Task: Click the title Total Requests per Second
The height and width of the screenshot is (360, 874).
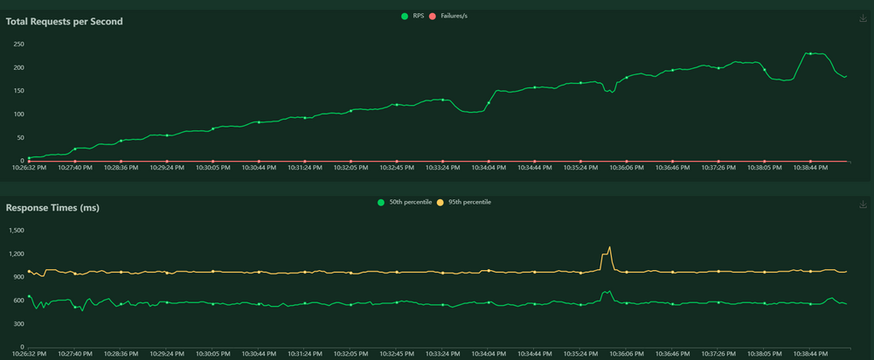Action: pos(64,22)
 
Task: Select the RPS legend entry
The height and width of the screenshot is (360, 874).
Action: pos(413,16)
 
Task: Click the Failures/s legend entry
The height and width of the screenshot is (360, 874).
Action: pos(448,16)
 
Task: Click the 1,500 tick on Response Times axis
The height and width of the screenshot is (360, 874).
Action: pos(17,230)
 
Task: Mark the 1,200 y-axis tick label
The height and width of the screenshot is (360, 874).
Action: pos(17,253)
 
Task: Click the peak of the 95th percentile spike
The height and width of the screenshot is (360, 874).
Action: pos(610,247)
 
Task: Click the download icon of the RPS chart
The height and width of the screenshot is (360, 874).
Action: pos(864,18)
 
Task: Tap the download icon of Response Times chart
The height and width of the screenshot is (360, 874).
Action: pos(864,204)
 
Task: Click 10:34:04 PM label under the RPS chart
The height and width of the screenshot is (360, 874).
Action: pos(489,167)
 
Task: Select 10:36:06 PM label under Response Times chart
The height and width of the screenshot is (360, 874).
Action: pos(627,353)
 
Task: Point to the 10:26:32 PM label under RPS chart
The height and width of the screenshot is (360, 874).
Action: pos(29,167)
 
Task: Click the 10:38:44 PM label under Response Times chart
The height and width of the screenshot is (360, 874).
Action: pos(810,353)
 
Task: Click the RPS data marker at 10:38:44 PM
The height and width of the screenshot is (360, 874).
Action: pos(810,53)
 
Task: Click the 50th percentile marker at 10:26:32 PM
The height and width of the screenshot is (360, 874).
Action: pos(29,296)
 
